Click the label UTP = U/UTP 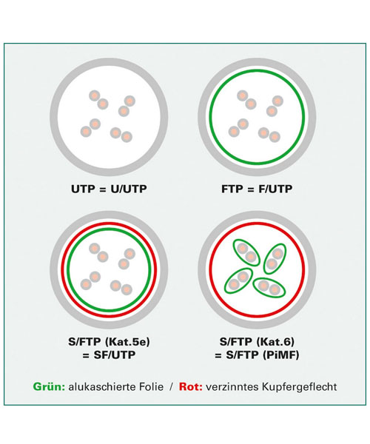coord(109,189)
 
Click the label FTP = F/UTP coord(257,189)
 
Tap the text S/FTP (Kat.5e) coord(109,342)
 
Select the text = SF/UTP coord(109,354)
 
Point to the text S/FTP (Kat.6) coord(257,342)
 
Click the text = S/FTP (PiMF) coord(257,354)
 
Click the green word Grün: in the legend coord(50,386)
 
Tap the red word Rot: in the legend coord(190,386)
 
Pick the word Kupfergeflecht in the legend coord(300,387)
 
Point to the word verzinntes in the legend coord(232,386)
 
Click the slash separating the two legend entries coord(171,387)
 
